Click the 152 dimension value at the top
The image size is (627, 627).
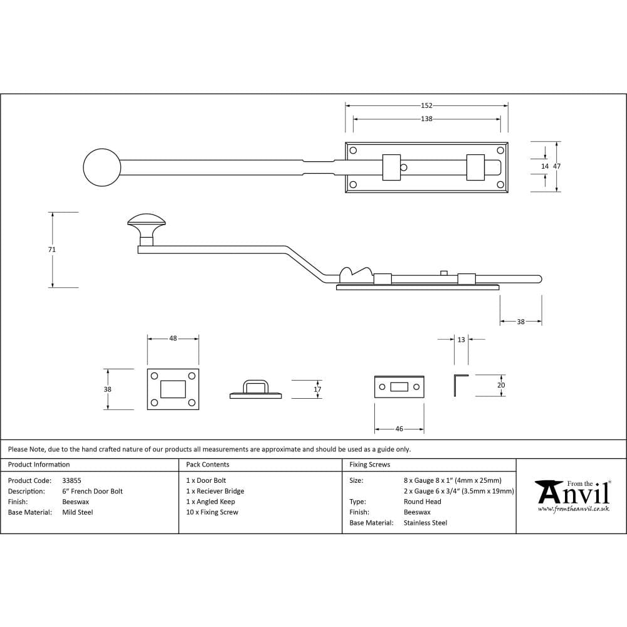(426, 106)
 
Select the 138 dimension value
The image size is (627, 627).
(426, 119)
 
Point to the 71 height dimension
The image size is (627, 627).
(52, 250)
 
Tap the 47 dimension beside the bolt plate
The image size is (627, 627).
(557, 166)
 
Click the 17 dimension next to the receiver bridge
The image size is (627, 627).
(317, 389)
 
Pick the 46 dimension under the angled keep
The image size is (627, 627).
(399, 429)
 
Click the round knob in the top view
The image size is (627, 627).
(102, 168)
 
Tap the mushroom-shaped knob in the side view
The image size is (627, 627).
(146, 221)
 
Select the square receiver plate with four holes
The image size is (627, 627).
(173, 389)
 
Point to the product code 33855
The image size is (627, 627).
(72, 481)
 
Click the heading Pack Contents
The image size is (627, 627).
(208, 465)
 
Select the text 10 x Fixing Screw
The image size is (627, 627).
(212, 512)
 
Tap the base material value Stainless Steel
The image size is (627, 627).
(425, 523)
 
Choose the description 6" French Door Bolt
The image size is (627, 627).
(93, 492)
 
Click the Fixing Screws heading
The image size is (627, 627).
(370, 465)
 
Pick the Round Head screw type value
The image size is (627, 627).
(422, 502)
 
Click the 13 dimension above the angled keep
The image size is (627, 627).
(461, 340)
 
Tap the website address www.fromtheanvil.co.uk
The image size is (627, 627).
(573, 509)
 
